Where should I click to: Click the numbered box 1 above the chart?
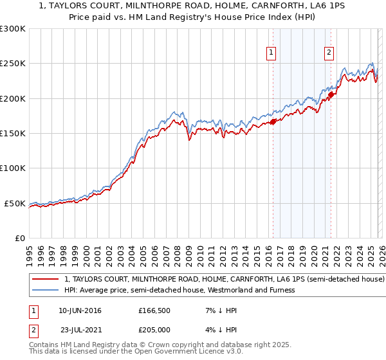271,53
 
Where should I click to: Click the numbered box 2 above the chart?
329,53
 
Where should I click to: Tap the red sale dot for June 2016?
273,121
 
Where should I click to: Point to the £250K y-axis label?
13,64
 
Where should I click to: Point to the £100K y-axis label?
13,168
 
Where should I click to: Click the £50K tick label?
15,203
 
